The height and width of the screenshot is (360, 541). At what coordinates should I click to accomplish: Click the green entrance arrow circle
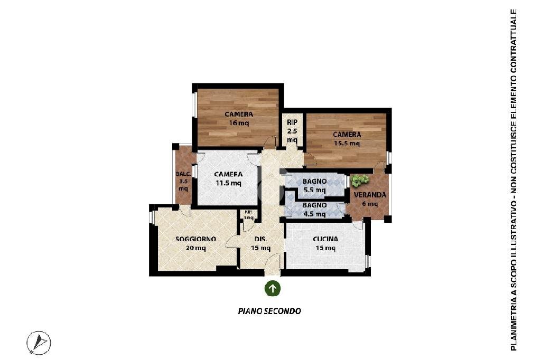coord(272,288)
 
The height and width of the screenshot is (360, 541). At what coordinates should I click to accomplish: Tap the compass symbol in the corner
coord(39,343)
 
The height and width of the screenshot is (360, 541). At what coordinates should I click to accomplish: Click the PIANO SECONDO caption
coord(269,311)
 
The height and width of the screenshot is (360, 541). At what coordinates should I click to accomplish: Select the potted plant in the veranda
coord(360,181)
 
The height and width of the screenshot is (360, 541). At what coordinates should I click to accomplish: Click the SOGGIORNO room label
coord(195,239)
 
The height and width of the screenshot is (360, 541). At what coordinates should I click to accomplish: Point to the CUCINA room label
coord(325,239)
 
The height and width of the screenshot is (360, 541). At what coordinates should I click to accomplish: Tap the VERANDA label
coord(370,195)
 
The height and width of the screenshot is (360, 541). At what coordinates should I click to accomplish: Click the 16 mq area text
coord(239,124)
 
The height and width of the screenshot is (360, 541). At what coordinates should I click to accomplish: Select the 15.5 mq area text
coord(347,143)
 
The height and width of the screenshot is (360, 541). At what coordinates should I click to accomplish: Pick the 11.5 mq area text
coord(228,183)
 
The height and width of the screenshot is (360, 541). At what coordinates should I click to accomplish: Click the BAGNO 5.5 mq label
coord(314,185)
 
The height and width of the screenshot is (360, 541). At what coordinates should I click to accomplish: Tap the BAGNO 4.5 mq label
coord(314,210)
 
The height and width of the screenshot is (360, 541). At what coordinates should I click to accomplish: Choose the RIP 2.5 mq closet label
coord(292,131)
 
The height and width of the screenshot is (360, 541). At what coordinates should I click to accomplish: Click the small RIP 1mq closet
coord(248,215)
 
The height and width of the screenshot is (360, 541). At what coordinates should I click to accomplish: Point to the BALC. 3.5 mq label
coord(183,181)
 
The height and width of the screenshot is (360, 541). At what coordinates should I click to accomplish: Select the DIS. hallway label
coord(260,243)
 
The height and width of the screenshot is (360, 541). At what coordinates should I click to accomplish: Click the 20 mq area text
coord(195,248)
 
